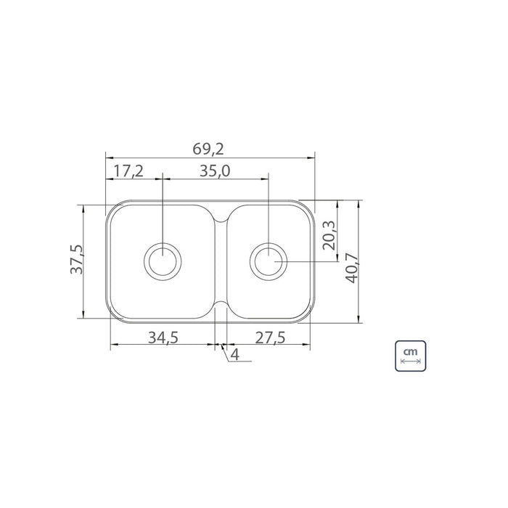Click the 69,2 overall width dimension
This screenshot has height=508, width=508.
[x=208, y=149]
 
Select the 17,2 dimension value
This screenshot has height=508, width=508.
[x=128, y=171]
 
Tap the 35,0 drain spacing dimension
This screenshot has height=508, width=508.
[x=215, y=171]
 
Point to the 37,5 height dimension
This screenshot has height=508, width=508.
[x=77, y=259]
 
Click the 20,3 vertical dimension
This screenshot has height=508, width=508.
[x=329, y=235]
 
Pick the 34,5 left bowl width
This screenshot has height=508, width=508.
[x=163, y=337]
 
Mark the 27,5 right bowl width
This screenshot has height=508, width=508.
[x=270, y=337]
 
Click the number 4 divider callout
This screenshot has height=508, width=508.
[x=235, y=355]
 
